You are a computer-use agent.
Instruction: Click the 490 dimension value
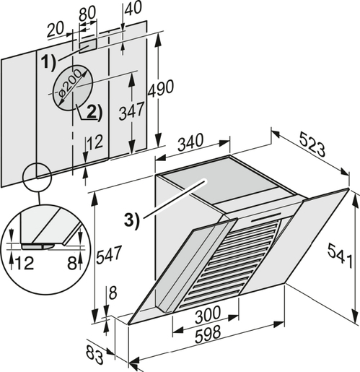click(x=161, y=90)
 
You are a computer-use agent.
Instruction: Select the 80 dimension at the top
click(x=87, y=14)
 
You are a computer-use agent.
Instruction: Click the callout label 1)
click(x=48, y=62)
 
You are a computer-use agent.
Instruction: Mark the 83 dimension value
click(x=92, y=353)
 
